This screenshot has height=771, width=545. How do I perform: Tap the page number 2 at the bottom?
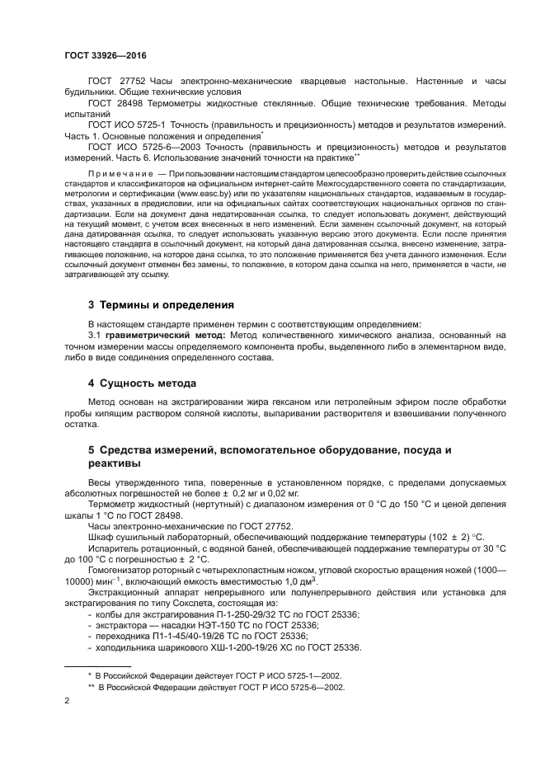67,700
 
